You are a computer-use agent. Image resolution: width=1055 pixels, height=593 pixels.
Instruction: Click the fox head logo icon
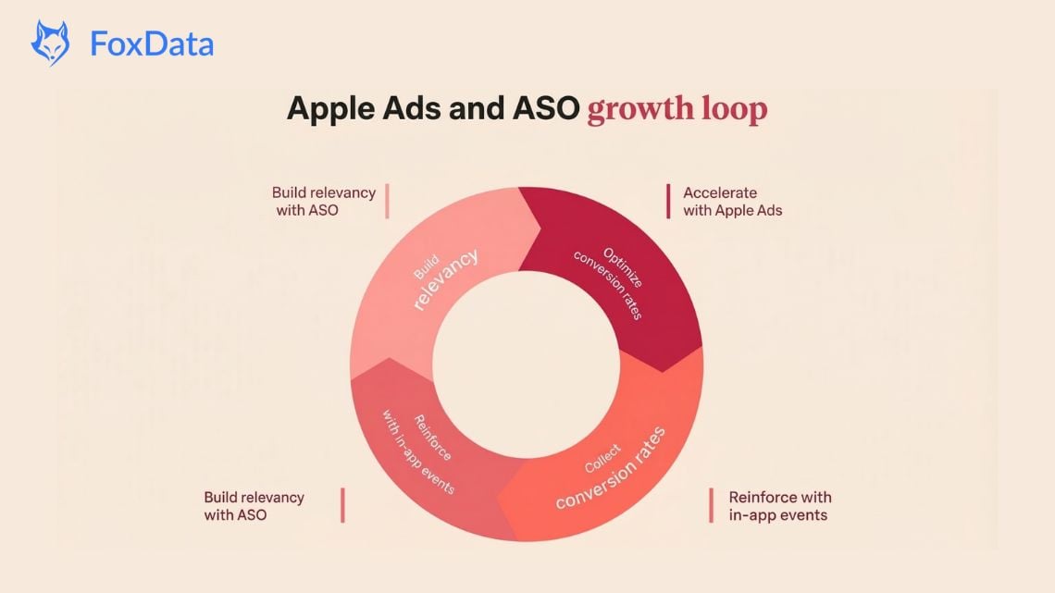(x=50, y=43)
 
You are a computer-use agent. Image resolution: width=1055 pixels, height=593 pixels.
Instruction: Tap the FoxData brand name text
(x=152, y=43)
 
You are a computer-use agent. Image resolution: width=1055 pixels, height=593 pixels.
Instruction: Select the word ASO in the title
(x=545, y=108)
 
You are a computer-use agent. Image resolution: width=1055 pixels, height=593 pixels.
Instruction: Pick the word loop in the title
(x=733, y=109)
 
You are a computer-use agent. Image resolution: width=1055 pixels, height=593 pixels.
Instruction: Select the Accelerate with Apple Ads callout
(x=732, y=202)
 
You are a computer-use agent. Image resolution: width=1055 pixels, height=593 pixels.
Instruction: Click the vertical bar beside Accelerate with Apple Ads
(x=668, y=202)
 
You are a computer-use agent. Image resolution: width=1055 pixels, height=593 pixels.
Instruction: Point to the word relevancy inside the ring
(x=445, y=279)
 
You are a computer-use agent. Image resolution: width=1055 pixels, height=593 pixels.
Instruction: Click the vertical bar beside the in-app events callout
(x=712, y=506)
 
